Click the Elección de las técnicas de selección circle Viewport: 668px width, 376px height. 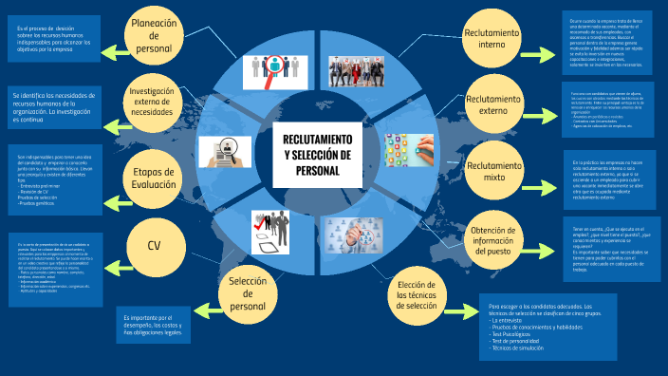[417, 270]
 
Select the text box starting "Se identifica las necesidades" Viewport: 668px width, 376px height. [54, 107]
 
